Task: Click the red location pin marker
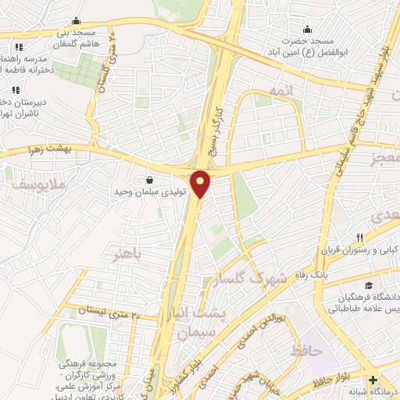click(201, 184)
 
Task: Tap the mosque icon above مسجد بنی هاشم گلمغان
click(75, 21)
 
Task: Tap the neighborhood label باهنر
click(127, 255)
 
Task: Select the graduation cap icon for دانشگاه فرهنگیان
click(367, 286)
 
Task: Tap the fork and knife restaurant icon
click(360, 237)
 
